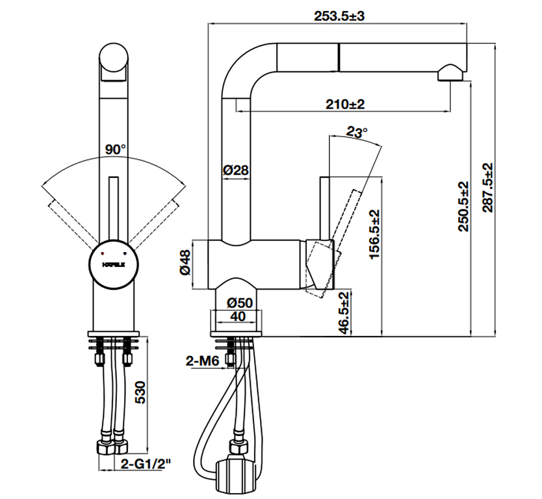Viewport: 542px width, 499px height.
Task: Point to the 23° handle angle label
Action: tap(357, 132)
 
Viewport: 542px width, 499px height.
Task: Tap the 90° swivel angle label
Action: tap(116, 149)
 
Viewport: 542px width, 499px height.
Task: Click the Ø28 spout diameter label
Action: tap(236, 171)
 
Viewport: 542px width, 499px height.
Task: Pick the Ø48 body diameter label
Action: tap(186, 262)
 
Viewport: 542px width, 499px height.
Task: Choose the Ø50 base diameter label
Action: tap(238, 303)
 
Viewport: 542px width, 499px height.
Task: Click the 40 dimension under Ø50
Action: tap(238, 316)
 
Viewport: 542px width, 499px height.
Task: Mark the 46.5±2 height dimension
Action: tap(346, 313)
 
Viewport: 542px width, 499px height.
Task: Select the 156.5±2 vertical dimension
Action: tap(374, 235)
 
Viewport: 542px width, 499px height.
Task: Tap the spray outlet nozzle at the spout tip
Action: tap(450, 73)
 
